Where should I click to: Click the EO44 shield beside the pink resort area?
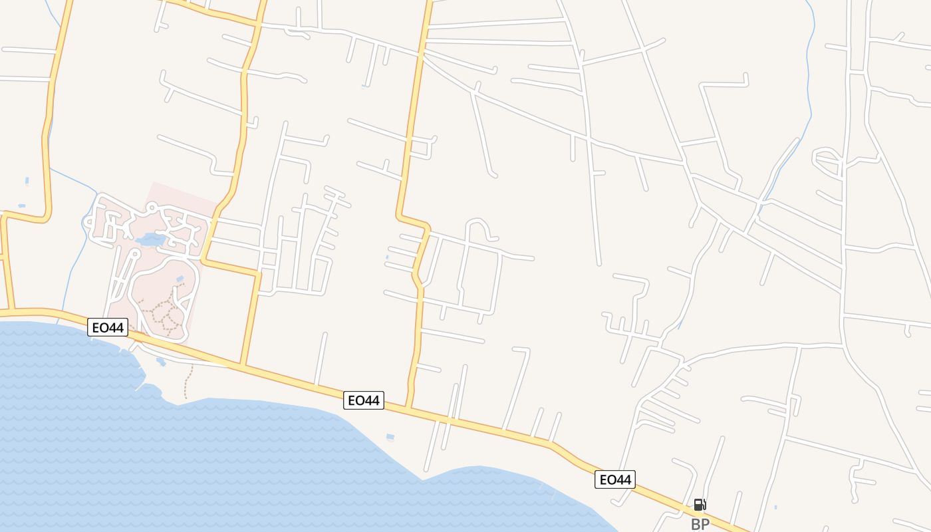[108, 327]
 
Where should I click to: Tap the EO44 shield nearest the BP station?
[614, 479]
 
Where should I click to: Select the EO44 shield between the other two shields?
[364, 400]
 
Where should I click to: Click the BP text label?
[700, 524]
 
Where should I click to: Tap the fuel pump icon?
[700, 505]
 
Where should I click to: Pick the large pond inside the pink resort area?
[152, 239]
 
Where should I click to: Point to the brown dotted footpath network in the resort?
[165, 313]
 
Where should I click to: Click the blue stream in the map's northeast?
[808, 80]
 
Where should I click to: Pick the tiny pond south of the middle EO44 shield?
[390, 437]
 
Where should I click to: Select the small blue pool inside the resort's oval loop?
[180, 279]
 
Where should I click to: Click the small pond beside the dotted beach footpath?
[161, 362]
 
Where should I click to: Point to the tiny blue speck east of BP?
[775, 507]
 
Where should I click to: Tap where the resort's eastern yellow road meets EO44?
[243, 365]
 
